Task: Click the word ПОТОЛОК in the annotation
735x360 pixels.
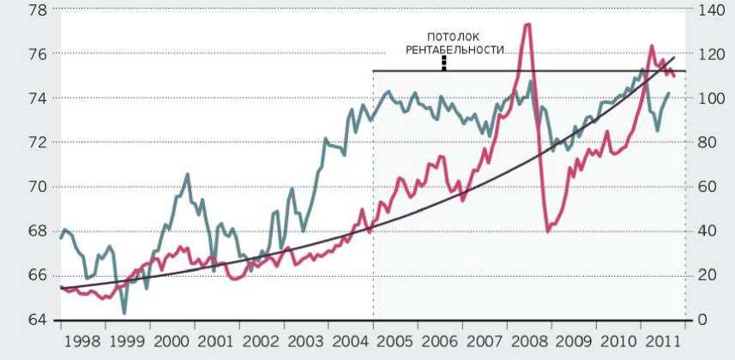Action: coord(443,38)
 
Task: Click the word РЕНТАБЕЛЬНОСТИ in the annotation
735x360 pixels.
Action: coord(443,50)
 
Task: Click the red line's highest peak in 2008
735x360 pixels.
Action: coord(527,24)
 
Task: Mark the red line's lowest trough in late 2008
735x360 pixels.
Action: coord(548,231)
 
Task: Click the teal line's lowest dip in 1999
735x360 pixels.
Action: coord(124,313)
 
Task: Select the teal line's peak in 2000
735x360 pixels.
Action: coord(188,174)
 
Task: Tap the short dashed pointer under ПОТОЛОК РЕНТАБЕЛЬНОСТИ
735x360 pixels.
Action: coord(443,63)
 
